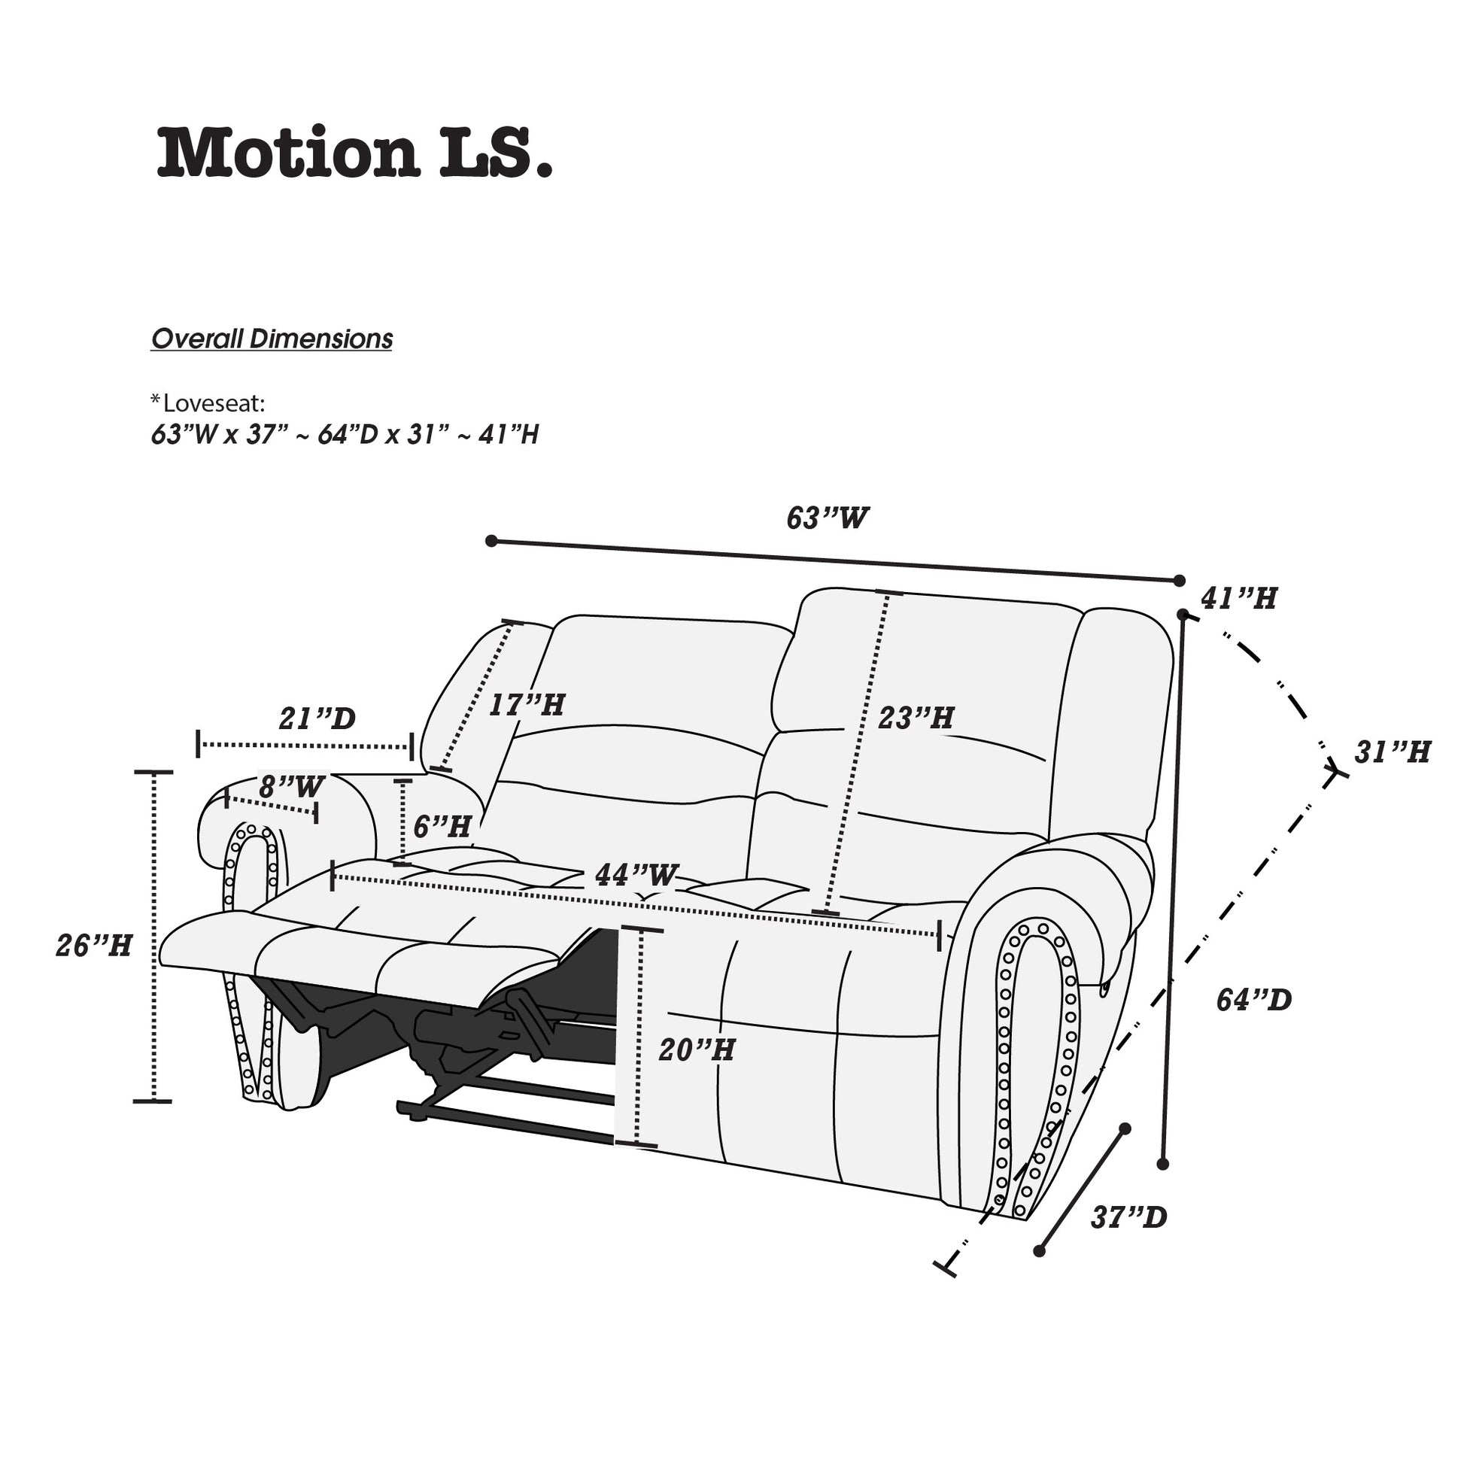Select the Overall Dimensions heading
(272, 339)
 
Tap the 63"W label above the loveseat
(828, 518)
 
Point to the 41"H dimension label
(1239, 599)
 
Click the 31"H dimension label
(1393, 752)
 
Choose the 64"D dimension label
(1254, 1001)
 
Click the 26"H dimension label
(94, 946)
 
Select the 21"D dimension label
(317, 718)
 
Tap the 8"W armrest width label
(292, 787)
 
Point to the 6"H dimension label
(442, 826)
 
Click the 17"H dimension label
(527, 706)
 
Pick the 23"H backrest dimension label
(916, 718)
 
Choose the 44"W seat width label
(636, 875)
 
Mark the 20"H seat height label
(697, 1050)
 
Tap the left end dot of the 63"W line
(491, 541)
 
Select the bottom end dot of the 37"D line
(1040, 1252)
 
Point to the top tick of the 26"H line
(153, 772)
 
